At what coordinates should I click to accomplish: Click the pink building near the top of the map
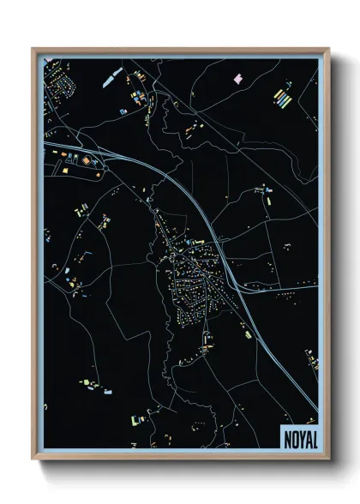pos(238,78)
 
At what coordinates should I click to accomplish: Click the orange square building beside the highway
pos(86,159)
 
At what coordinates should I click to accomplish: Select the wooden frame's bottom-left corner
pos(33,459)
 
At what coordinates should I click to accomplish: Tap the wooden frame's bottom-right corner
pos(328,459)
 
